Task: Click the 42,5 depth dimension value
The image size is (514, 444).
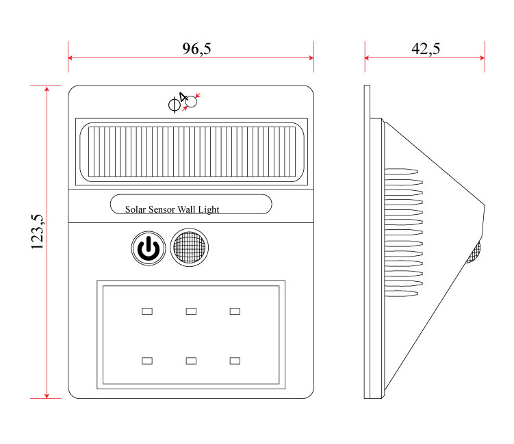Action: pos(425,49)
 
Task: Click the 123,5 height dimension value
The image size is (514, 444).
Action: pos(38,233)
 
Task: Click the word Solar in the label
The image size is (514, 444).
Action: pos(135,209)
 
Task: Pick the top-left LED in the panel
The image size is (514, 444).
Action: pos(146,311)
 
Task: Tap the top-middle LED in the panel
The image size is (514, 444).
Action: pos(191,311)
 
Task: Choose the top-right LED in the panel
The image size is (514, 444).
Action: pos(235,311)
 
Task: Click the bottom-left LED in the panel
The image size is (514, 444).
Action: pos(146,360)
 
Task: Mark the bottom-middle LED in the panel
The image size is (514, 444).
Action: pos(191,360)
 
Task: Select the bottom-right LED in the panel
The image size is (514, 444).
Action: pos(235,360)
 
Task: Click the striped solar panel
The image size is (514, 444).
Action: pos(191,153)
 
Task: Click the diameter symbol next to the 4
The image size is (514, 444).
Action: pos(174,105)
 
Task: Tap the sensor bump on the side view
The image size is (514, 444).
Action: pos(474,252)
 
